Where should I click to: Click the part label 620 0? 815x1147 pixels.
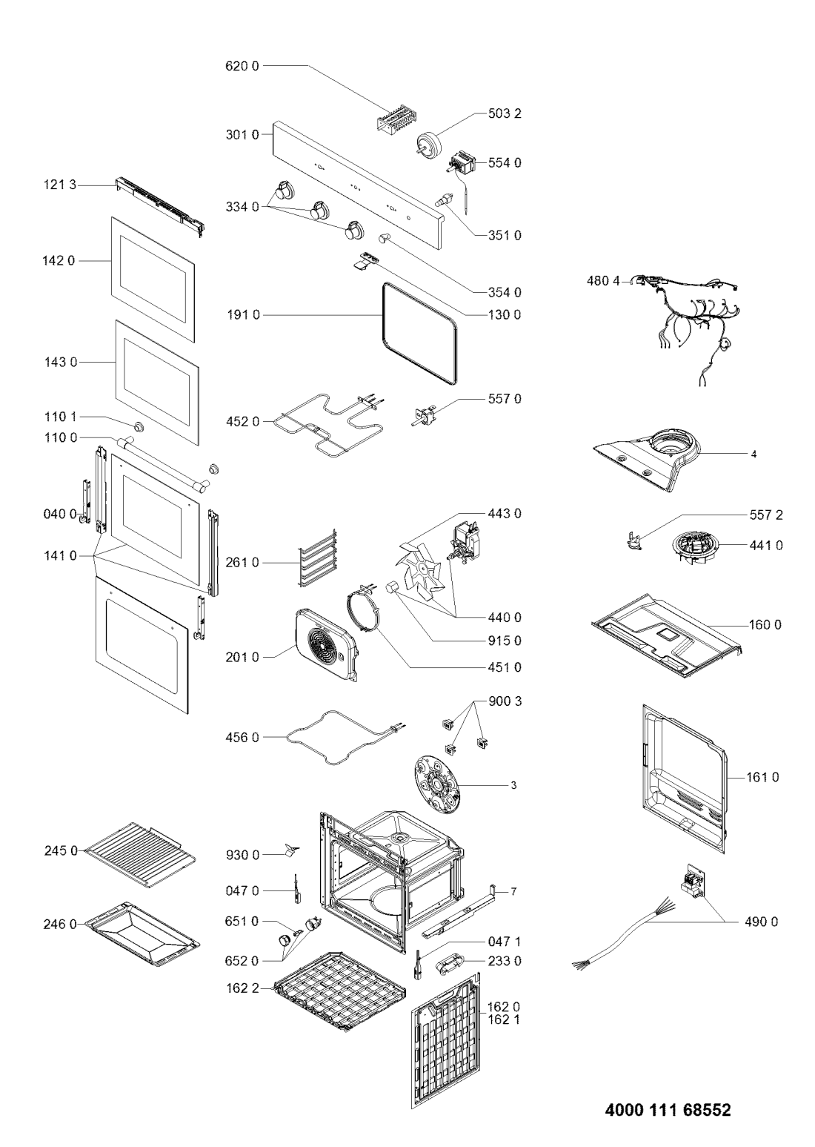coord(242,66)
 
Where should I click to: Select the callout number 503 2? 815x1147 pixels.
coord(502,114)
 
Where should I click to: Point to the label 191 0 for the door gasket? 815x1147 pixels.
coord(242,315)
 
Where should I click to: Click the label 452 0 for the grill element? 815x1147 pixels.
coord(242,422)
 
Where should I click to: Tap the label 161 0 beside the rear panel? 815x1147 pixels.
coord(762,777)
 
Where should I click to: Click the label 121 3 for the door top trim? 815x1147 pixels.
coord(59,183)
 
